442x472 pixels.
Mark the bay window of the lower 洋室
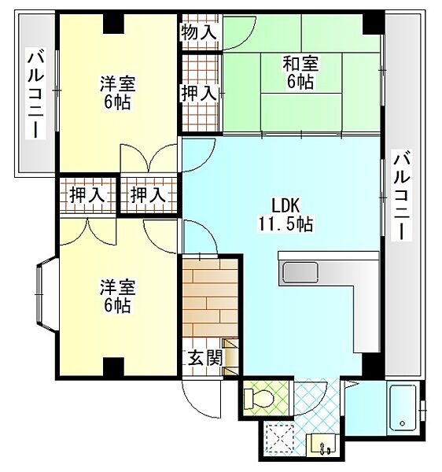point(43,297)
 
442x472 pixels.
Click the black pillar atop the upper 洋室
point(114,21)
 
